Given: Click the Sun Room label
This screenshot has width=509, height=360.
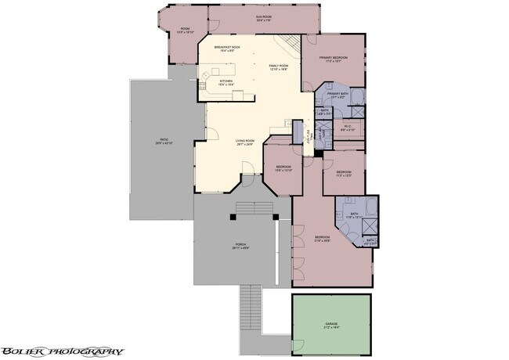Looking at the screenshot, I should pyautogui.click(x=251, y=17).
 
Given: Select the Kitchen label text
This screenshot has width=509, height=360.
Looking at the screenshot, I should pyautogui.click(x=226, y=81).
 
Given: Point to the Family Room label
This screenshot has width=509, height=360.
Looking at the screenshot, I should pyautogui.click(x=279, y=67).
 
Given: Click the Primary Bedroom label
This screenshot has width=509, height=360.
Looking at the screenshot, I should pyautogui.click(x=333, y=60).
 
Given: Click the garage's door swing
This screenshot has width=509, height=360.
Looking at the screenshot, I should pyautogui.click(x=297, y=344).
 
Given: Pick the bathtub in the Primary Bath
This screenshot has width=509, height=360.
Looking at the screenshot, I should pyautogui.click(x=356, y=98).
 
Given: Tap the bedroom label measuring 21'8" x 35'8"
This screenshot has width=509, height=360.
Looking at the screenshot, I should pyautogui.click(x=323, y=239).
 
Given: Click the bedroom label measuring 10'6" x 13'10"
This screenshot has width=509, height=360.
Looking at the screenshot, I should pyautogui.click(x=283, y=168).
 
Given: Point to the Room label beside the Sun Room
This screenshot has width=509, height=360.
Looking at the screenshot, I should pyautogui.click(x=186, y=32).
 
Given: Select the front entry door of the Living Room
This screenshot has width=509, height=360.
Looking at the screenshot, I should pyautogui.click(x=247, y=167).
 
